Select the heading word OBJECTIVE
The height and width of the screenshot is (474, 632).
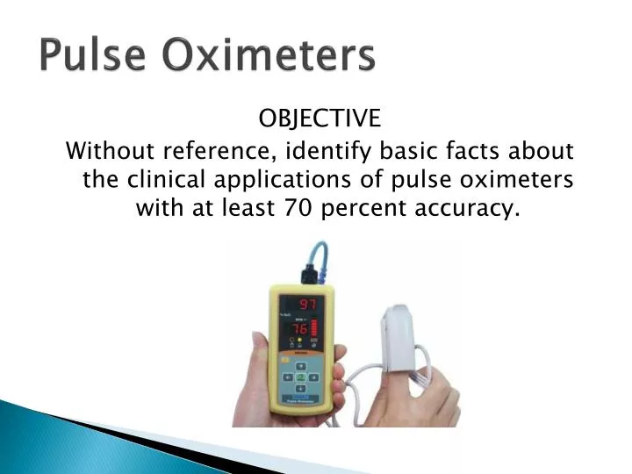pos(320,118)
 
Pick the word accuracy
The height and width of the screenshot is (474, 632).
pos(478,209)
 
